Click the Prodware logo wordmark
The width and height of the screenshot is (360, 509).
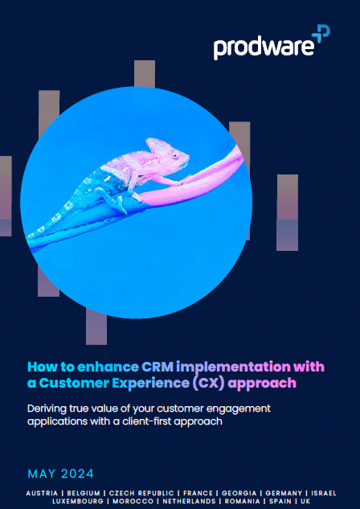pos(264,47)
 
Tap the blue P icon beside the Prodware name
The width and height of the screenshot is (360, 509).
pos(321,34)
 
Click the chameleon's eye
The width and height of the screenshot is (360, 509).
pos(175,155)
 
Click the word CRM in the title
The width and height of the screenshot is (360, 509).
pos(157,367)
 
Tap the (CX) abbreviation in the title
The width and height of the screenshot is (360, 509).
pos(208,383)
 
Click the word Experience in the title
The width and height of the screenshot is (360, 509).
pos(150,384)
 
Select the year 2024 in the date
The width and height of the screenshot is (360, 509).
pos(77,474)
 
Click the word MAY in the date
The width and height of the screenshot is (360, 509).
pos(42,474)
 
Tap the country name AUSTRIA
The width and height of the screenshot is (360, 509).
pos(42,494)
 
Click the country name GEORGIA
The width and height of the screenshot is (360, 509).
pos(239,494)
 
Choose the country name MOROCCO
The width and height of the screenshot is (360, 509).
pos(133,502)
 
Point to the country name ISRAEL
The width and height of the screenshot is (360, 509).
pos(324,494)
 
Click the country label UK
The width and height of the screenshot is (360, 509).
pos(305,502)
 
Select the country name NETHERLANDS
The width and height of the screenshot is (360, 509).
pos(189,502)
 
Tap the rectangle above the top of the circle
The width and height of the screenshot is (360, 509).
pos(145,74)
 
